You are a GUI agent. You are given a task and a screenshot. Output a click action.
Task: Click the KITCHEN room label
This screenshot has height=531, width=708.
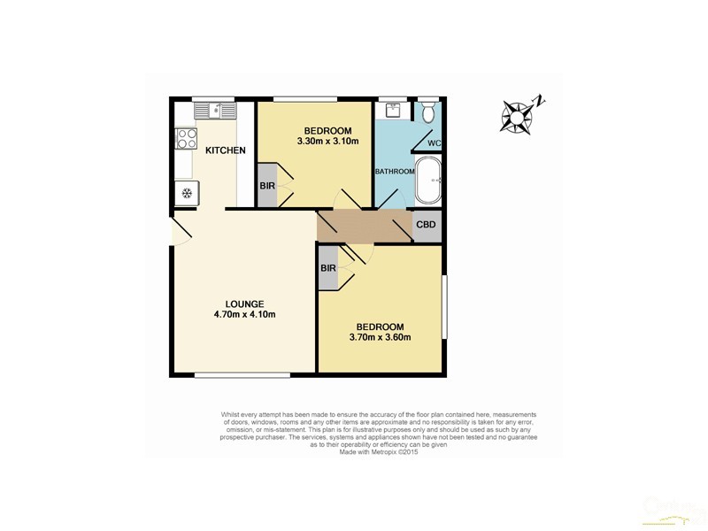tap(225, 150)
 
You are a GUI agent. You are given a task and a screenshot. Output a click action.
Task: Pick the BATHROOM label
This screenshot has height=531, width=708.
tap(394, 171)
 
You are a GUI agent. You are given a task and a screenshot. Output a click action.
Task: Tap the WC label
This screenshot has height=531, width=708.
tap(434, 143)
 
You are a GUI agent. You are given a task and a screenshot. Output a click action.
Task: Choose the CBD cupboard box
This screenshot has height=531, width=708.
tap(427, 224)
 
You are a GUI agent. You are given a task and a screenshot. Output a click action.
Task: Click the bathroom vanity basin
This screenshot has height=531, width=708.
tap(392, 112)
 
